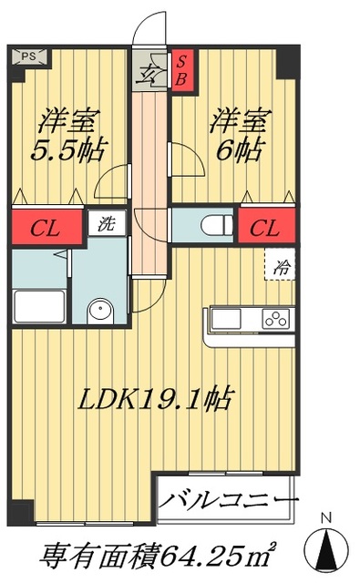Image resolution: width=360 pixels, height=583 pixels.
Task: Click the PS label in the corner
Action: (x=28, y=56)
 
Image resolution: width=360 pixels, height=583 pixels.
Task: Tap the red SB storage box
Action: (x=181, y=68)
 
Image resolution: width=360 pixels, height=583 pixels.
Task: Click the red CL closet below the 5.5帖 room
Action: (x=46, y=226)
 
